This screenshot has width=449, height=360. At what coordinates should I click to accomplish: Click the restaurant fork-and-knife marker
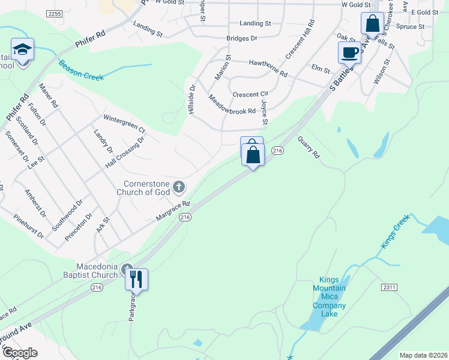click(136, 280)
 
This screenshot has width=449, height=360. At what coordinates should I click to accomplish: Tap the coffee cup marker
click(349, 52)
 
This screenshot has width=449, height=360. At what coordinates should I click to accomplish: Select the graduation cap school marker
click(23, 50)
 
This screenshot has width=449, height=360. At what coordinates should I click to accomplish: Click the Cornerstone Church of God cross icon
click(178, 187)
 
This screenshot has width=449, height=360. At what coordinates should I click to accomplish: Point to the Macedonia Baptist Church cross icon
click(126, 268)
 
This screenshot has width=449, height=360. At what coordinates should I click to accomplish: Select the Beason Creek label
click(81, 70)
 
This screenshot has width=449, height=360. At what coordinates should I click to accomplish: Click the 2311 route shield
click(389, 288)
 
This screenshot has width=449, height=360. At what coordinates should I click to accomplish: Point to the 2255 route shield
click(53, 14)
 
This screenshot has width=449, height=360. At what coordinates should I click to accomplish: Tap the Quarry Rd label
click(309, 146)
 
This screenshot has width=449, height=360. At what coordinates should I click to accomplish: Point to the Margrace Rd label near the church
click(173, 210)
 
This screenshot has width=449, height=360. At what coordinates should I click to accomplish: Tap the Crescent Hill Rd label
click(300, 40)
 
